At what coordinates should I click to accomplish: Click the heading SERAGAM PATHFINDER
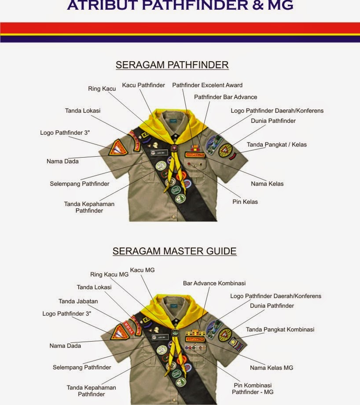(x=172, y=65)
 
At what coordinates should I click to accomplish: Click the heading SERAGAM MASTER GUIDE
(x=174, y=251)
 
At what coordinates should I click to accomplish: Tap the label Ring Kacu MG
(x=109, y=274)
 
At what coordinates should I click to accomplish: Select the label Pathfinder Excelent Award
(x=207, y=85)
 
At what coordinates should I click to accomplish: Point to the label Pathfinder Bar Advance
(x=225, y=97)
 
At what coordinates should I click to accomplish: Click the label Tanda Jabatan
(x=78, y=302)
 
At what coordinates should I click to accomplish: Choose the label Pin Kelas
(x=245, y=202)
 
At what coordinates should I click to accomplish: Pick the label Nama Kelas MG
(x=271, y=368)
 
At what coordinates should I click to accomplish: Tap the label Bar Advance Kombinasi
(x=214, y=283)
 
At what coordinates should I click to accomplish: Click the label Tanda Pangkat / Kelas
(x=276, y=144)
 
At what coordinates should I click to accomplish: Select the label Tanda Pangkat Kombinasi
(x=280, y=329)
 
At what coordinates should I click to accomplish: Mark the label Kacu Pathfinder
(x=143, y=85)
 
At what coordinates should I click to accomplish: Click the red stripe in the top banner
(x=180, y=28)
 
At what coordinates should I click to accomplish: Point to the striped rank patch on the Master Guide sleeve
(x=236, y=344)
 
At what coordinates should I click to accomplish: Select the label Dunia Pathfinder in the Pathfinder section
(x=273, y=121)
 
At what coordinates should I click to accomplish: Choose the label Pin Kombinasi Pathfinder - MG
(x=253, y=388)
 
